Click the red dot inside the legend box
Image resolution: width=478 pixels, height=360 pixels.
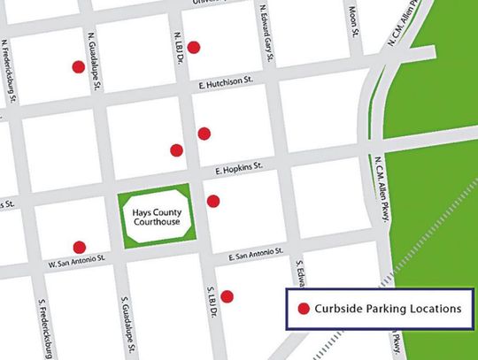point(304,310)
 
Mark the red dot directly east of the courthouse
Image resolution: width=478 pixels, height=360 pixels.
point(212,201)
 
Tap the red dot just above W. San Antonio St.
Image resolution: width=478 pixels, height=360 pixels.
point(79,247)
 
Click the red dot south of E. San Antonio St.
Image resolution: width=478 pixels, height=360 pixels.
point(227,295)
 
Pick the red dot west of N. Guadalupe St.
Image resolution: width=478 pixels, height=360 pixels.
point(78,66)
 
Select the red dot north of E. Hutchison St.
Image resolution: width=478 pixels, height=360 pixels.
point(193,47)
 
